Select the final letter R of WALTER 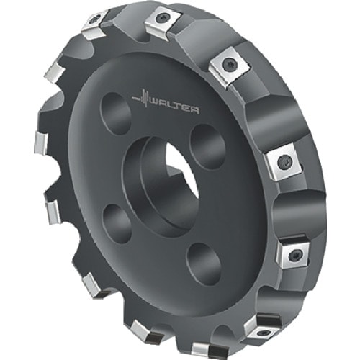[x=195, y=111]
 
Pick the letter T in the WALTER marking [x=179, y=107]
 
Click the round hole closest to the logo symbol [x=116, y=114]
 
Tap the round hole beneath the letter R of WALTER [x=207, y=146]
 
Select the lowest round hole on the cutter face [x=204, y=264]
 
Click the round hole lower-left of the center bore [x=117, y=224]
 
